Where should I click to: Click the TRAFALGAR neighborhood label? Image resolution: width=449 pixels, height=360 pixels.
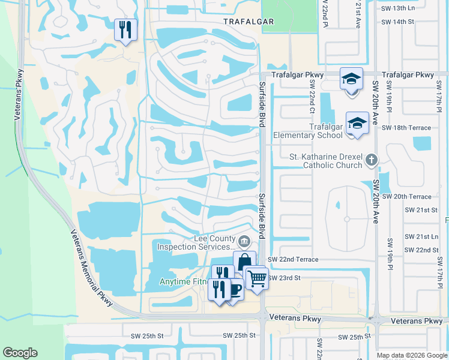coord(248,22)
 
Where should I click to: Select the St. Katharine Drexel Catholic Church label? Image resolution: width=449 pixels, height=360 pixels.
coord(326,161)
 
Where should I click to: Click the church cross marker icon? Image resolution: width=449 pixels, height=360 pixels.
coord(372,160)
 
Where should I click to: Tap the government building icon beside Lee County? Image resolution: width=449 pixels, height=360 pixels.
coord(244,242)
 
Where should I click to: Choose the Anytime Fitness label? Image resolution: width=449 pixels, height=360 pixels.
coord(183,282)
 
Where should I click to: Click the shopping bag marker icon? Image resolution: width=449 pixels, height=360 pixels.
coord(244,262)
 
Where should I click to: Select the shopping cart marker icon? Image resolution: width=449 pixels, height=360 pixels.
coord(257,277)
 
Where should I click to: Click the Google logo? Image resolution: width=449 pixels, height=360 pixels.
coord(20,353)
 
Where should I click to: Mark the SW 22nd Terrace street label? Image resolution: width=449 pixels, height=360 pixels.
coord(292,259)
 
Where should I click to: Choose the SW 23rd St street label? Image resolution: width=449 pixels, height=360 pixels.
coord(284,278)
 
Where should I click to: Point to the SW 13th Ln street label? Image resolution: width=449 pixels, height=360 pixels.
coord(398,8)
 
